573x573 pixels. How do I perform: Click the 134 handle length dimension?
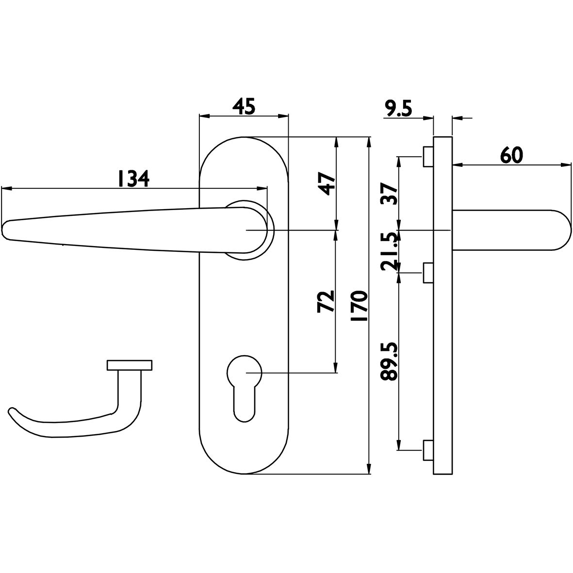[133, 179]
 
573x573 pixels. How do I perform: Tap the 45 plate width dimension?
[244, 106]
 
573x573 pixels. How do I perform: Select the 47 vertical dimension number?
[327, 184]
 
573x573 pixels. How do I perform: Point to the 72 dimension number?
[327, 301]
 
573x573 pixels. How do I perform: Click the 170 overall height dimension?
[359, 306]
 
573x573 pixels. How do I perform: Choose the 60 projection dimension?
[511, 156]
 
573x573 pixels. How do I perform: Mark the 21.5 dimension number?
[389, 251]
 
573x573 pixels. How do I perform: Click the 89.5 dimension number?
[389, 361]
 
